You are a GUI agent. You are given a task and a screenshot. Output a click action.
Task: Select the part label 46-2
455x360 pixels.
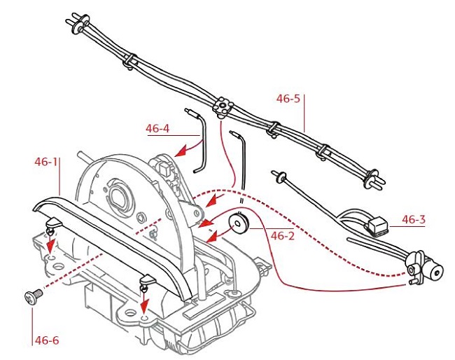click(282, 235)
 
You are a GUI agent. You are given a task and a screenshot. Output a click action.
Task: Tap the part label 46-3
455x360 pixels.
click(414, 219)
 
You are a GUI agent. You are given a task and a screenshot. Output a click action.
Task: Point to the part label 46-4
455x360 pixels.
click(157, 128)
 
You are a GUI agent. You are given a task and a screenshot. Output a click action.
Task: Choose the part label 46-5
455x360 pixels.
click(288, 99)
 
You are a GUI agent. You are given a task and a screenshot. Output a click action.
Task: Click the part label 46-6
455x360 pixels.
click(46, 340)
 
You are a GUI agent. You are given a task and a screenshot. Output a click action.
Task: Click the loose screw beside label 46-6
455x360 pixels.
click(30, 297)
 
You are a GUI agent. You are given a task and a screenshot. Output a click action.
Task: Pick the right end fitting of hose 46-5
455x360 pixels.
click(375, 181)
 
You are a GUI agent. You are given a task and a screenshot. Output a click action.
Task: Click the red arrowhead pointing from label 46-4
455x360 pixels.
click(179, 151)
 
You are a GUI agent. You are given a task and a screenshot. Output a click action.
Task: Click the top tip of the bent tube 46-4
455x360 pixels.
click(188, 111)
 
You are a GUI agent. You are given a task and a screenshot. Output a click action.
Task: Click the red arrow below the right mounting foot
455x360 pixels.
click(144, 305)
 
